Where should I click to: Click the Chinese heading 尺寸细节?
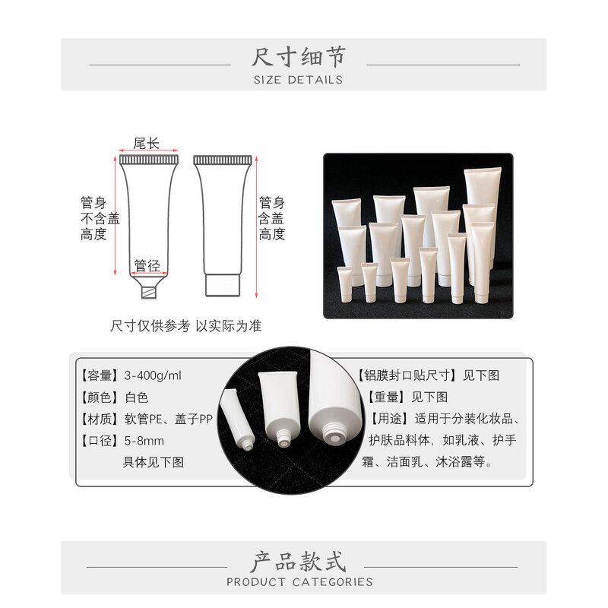point(298,58)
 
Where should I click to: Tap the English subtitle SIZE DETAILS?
point(298,79)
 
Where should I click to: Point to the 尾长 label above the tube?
point(146,143)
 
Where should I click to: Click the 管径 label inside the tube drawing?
point(147,266)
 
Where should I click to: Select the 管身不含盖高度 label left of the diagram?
point(100,219)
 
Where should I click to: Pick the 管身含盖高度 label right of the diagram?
point(272,219)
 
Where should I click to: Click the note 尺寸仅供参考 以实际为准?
point(186,325)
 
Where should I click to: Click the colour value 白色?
point(137,397)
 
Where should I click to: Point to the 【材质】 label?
point(100,419)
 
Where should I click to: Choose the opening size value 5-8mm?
point(144,441)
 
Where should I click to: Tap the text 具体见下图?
point(154,462)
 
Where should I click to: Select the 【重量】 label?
point(386,397)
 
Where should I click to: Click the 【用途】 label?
point(387,419)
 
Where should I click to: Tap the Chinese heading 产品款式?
point(298,562)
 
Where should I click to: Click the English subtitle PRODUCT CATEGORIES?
point(299,582)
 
